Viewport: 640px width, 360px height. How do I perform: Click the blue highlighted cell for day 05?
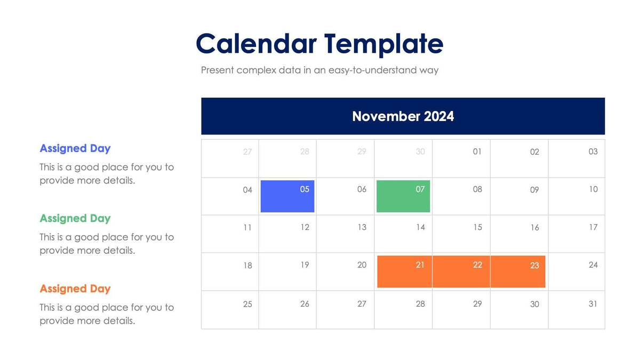287,196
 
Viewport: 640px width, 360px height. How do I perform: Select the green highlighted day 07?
403,196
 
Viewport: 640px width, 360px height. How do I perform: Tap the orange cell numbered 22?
461,271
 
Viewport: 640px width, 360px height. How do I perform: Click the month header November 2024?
403,116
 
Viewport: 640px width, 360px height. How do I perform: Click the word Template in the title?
383,44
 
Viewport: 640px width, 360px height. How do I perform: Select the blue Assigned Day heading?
75,148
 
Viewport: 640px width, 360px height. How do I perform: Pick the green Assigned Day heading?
75,218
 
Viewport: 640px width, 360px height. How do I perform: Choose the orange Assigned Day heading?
75,289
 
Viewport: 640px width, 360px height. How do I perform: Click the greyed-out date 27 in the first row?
247,152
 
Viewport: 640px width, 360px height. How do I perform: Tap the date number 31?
593,303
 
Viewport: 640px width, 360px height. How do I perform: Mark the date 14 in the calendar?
420,227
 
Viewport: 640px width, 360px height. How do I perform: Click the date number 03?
593,151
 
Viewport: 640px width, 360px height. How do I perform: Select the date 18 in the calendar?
247,265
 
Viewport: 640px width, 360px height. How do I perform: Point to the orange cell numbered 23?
518,271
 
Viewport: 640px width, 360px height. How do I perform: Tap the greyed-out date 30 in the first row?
420,152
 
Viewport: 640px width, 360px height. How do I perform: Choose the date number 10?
593,189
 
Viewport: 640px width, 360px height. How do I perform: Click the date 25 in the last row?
247,304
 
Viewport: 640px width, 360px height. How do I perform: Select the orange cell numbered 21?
404,271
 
